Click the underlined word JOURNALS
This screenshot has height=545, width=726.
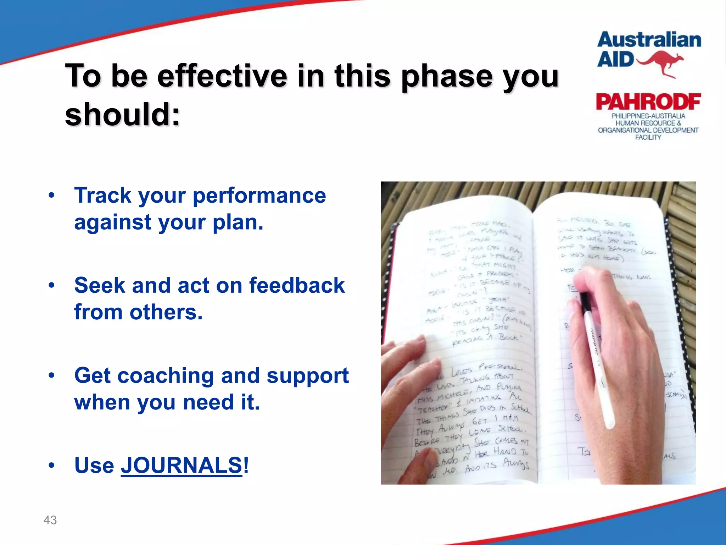pyautogui.click(x=181, y=465)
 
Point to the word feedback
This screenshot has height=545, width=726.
pyautogui.click(x=297, y=285)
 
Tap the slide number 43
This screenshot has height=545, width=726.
pyautogui.click(x=50, y=520)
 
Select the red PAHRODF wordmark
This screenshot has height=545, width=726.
pyautogui.click(x=648, y=102)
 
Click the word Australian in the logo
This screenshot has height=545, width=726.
pyautogui.click(x=649, y=40)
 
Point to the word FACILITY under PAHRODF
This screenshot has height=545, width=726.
pyautogui.click(x=648, y=137)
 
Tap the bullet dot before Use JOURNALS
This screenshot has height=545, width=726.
pyautogui.click(x=52, y=465)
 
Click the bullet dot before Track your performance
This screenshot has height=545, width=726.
pyautogui.click(x=52, y=196)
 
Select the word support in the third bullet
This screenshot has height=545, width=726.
pyautogui.click(x=307, y=375)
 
